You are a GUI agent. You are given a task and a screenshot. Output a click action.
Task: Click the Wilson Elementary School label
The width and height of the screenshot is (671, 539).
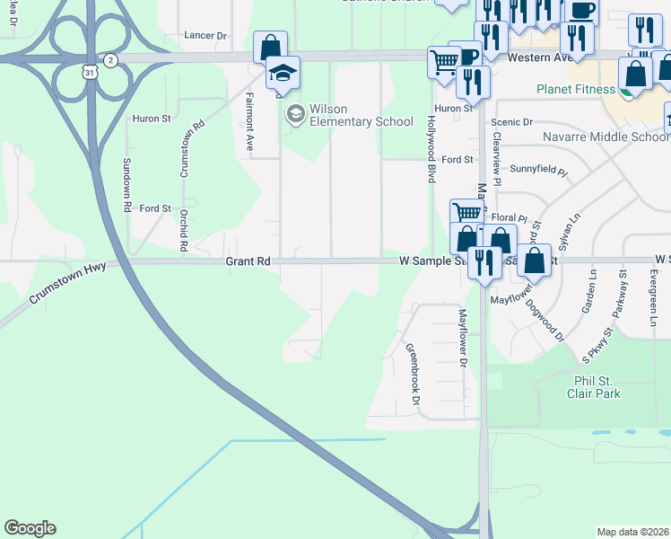[361, 115]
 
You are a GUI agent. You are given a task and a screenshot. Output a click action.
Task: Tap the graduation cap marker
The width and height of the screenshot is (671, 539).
[283, 74]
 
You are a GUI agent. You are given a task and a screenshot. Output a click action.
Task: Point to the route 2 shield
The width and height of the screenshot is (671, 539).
[109, 59]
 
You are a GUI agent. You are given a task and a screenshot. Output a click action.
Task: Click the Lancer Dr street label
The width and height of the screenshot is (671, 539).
[205, 35]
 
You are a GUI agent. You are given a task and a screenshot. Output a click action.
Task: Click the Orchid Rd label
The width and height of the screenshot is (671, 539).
[183, 229]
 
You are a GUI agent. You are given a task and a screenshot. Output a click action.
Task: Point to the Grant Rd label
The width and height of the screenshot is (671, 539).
[248, 261]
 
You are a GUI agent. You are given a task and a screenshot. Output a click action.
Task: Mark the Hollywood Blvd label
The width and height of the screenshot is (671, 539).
[431, 148]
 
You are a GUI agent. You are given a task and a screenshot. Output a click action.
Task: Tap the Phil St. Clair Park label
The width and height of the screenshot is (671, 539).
[593, 386]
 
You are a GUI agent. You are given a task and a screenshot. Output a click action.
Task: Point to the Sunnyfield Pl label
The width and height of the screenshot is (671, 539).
[538, 169]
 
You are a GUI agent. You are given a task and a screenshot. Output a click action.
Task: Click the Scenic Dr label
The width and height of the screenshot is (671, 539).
[511, 122]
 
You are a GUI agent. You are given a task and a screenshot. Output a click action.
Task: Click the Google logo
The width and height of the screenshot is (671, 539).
[30, 528]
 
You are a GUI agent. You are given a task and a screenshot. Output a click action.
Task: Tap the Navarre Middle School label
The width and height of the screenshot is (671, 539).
[606, 137]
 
